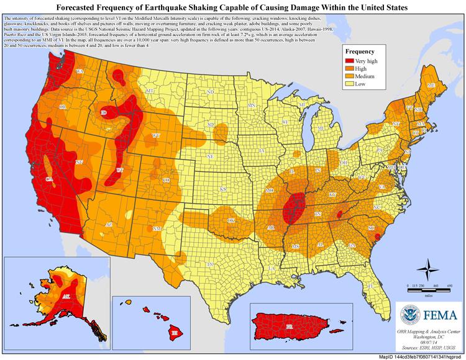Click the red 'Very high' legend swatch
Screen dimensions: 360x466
tap(352, 62)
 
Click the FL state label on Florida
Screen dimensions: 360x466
tap(371, 285)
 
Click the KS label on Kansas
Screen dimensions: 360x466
tap(221, 189)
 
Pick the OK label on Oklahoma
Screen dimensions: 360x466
tap(231, 220)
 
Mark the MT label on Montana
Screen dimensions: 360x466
tap(148, 91)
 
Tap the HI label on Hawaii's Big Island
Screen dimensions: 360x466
tap(175, 334)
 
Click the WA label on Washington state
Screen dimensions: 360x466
tap(80, 72)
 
